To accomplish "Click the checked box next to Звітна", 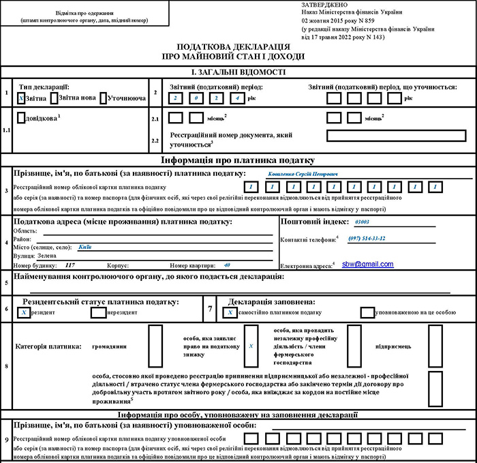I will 21,98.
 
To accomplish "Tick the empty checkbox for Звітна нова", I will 55,98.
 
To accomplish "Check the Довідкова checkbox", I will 20,117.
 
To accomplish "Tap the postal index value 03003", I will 361,222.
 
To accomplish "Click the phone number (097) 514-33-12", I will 367,238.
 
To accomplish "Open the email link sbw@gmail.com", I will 368,263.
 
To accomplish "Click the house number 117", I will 70,264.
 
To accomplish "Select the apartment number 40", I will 227,264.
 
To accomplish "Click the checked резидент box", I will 23,312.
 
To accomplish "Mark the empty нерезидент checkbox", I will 98,312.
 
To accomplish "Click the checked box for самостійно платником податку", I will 231,312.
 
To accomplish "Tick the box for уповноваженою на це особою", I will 367,312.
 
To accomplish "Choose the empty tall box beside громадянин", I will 155,345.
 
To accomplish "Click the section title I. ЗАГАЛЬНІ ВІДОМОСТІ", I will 238,72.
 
